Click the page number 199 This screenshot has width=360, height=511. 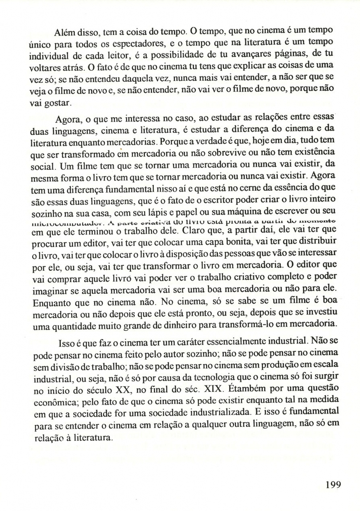[333, 484]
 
